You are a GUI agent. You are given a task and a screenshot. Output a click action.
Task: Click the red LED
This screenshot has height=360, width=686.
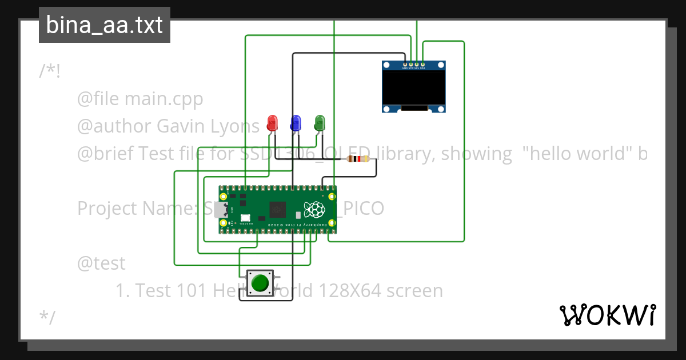tap(273, 122)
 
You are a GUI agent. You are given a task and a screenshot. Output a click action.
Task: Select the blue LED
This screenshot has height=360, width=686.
tap(296, 122)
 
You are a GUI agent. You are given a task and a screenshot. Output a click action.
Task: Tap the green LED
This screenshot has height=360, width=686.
tap(320, 122)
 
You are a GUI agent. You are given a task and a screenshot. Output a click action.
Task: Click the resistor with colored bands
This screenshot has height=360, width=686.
tap(359, 159)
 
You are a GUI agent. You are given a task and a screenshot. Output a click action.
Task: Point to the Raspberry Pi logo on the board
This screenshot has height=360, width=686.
tap(314, 210)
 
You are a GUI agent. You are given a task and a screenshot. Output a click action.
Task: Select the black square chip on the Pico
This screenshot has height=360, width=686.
tap(278, 210)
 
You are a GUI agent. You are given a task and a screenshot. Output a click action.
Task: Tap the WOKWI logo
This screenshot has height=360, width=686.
tap(608, 315)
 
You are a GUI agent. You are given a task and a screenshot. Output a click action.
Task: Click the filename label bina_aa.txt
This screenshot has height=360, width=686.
tap(104, 25)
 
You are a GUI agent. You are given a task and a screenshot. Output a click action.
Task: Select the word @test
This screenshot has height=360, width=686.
tap(101, 263)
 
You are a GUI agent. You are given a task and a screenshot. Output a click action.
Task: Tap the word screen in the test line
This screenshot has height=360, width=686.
tap(415, 291)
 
